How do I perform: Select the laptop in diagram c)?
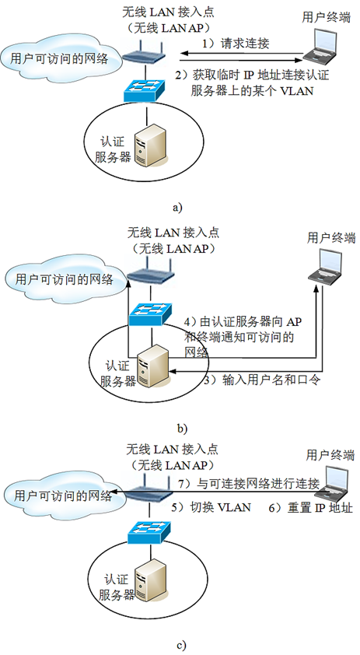click(x=334, y=484)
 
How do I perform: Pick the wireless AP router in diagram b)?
click(x=148, y=275)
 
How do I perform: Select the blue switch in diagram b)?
click(x=149, y=313)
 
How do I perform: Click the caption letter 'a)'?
click(x=177, y=208)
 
